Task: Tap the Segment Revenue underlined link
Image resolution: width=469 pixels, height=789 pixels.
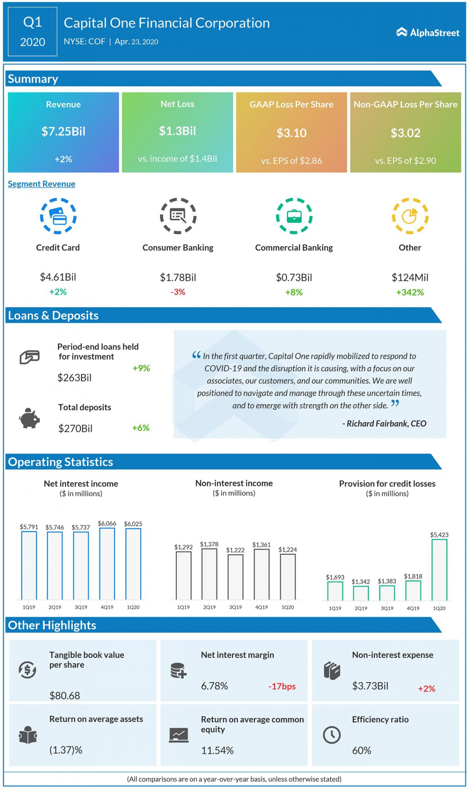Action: tap(41, 184)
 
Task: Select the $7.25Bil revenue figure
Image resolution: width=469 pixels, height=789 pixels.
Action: tap(63, 132)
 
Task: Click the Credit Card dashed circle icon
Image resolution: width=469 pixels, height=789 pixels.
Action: tap(58, 216)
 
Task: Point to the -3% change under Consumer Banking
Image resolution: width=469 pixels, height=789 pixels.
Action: tap(178, 292)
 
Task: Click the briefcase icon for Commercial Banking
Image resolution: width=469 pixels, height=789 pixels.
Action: tap(294, 216)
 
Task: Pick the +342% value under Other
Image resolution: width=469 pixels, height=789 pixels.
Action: tap(410, 292)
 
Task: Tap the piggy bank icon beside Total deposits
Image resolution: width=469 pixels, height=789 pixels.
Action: tap(29, 418)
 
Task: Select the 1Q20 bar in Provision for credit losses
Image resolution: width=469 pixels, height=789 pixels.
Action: tap(439, 570)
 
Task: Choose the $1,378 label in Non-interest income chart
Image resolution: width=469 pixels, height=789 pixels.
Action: tap(209, 544)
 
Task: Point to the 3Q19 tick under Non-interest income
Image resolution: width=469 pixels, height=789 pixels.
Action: tap(235, 607)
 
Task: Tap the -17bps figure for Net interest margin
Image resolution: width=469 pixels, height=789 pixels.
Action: tap(282, 687)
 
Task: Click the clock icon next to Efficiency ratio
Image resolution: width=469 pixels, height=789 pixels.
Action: tap(331, 735)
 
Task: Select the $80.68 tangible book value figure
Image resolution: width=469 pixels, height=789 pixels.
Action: tap(65, 695)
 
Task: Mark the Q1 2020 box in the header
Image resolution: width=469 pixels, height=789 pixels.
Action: tap(32, 32)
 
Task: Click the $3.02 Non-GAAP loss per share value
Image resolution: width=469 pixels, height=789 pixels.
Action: tap(405, 133)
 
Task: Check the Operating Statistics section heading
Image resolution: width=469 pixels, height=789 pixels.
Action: tap(61, 462)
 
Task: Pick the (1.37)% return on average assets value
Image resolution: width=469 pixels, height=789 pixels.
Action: tap(66, 750)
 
